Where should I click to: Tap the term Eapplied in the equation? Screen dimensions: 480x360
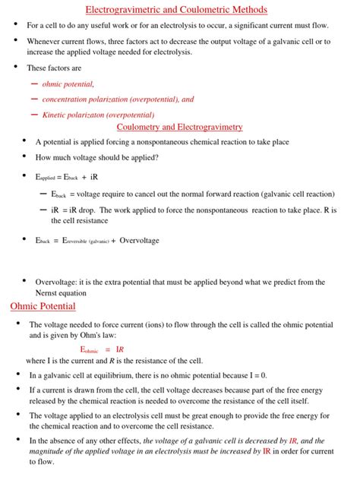41,176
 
